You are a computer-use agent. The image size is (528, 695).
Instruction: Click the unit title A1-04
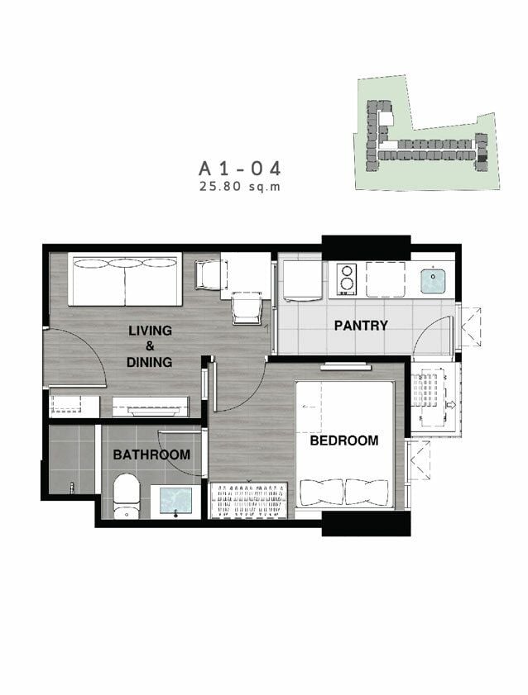240,169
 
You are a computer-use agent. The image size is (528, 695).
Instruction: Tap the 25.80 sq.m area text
240,186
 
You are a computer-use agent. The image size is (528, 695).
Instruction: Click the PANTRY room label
361,326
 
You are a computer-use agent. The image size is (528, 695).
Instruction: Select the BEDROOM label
344,440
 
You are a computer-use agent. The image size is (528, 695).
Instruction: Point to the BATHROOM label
151,455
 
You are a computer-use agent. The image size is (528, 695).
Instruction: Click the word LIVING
150,331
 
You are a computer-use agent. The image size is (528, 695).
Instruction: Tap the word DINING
149,362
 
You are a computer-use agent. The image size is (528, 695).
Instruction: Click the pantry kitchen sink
432,280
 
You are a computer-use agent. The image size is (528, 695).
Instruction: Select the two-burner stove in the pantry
347,279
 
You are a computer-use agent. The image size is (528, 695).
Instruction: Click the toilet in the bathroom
127,496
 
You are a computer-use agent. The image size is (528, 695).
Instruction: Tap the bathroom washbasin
175,502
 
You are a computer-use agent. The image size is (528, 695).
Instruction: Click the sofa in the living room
125,279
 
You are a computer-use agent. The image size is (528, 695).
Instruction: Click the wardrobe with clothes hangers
248,501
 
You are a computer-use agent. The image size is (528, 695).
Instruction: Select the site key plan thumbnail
427,132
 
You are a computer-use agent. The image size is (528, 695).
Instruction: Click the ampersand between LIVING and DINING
150,346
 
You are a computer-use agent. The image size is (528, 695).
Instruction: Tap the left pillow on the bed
322,492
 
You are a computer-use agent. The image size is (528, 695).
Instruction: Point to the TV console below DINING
151,407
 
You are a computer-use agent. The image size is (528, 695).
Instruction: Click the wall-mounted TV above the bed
346,367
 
